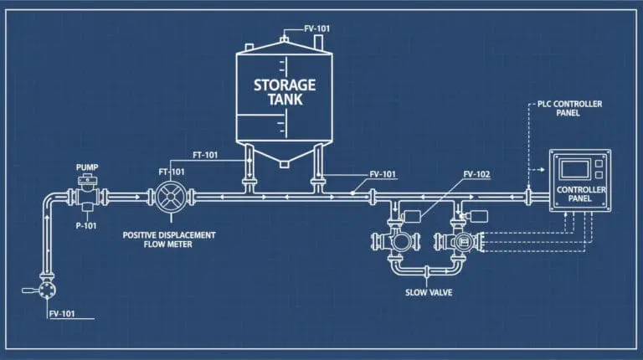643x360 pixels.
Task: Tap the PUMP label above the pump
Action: click(x=87, y=167)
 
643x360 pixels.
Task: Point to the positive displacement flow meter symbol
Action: click(x=171, y=198)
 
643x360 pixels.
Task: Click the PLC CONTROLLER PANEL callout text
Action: click(x=571, y=109)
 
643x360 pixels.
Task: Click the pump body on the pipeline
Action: click(x=86, y=197)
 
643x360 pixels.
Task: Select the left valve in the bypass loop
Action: click(x=395, y=242)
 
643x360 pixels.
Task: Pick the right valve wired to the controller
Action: click(x=457, y=241)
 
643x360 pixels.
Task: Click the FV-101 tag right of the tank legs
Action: click(x=383, y=175)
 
